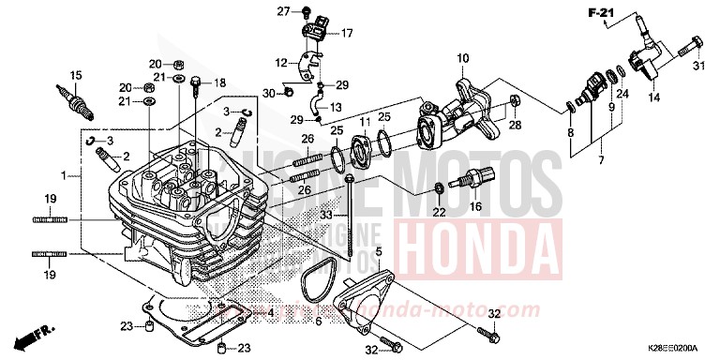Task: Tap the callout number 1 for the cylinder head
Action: click(64, 175)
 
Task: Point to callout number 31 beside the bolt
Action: click(697, 66)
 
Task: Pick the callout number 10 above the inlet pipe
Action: click(461, 59)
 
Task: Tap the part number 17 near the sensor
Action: click(346, 34)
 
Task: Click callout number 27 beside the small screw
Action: click(279, 10)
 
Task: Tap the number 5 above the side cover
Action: click(379, 252)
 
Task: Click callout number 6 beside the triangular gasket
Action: click(317, 322)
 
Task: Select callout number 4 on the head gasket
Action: click(270, 312)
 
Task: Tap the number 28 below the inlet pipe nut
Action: click(514, 125)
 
